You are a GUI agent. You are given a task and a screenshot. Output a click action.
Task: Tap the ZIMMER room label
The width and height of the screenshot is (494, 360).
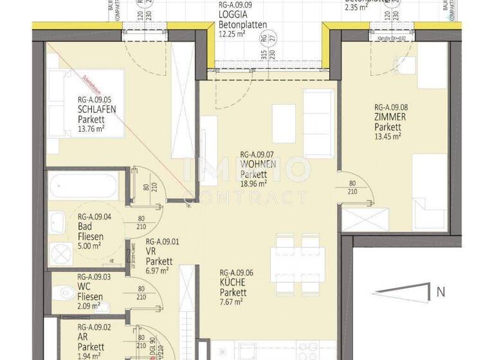coord(390,118)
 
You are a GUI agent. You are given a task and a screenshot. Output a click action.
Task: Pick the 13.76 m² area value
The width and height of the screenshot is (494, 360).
coord(92,129)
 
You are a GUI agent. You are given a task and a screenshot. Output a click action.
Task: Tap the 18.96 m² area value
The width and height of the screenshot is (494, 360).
coord(254,183)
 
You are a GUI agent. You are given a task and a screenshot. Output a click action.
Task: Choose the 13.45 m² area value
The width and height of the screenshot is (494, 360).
coord(388,136)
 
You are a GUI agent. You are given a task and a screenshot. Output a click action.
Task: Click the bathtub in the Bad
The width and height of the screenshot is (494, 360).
coord(85,186)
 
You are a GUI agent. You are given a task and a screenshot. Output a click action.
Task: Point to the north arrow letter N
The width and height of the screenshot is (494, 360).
coord(441,292)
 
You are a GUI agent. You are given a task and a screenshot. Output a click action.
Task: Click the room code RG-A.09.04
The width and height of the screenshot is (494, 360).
coord(95,217)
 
